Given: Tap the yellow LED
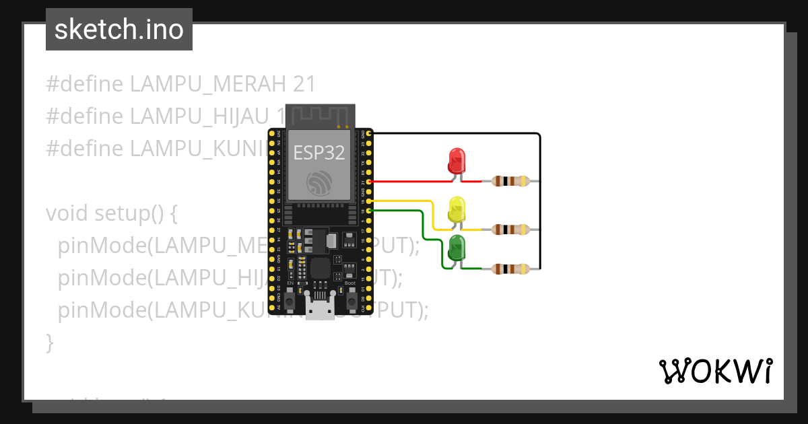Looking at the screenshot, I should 457,209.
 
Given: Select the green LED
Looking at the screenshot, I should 457,248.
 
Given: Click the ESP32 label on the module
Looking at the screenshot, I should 319,153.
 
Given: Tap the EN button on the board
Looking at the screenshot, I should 290,301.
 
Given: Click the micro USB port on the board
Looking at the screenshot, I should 319,308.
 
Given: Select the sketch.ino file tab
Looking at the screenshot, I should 119,30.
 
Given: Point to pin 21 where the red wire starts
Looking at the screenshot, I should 369,182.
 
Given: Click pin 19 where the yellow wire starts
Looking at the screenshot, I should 369,201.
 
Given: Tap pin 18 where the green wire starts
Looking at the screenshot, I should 369,211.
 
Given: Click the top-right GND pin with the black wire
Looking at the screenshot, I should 369,134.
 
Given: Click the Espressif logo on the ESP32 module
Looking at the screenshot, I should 319,184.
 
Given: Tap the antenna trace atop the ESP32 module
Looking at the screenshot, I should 319,116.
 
